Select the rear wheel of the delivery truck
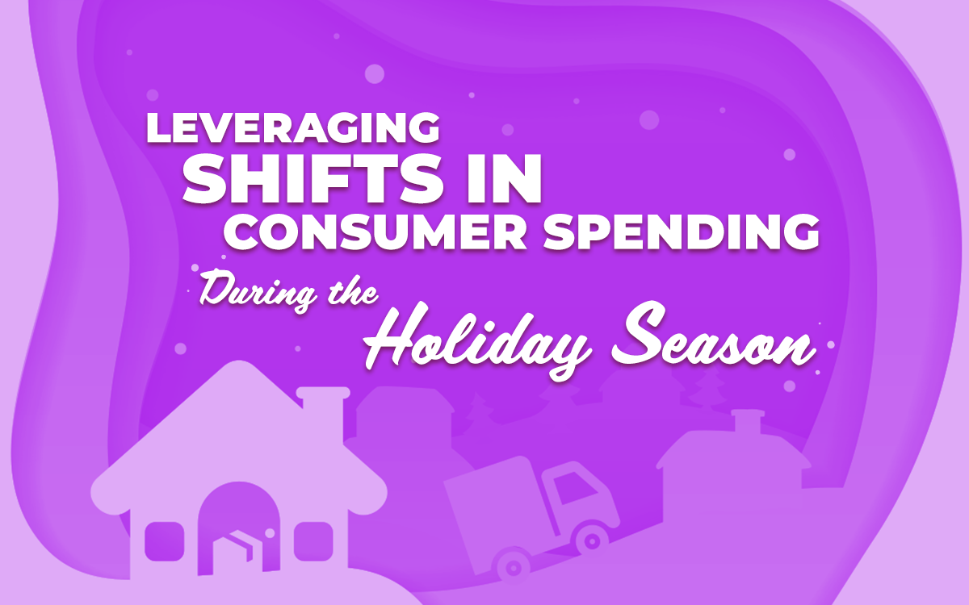(510, 564)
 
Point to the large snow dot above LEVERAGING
(374, 73)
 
